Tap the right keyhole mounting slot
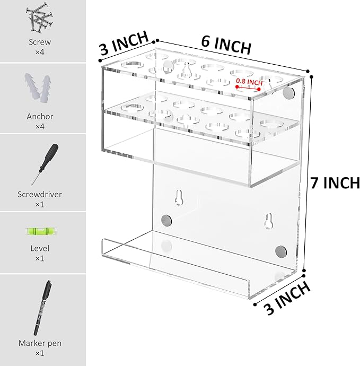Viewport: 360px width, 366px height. coord(269,221)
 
